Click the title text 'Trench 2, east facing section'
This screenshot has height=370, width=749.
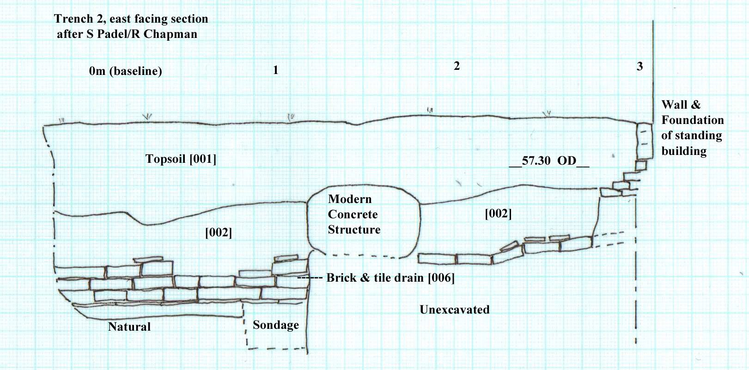click(x=131, y=19)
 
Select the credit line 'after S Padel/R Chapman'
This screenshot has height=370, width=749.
click(x=127, y=34)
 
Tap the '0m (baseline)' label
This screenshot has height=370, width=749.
click(x=125, y=71)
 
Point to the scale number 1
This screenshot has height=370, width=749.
click(x=275, y=70)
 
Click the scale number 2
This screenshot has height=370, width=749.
click(x=457, y=66)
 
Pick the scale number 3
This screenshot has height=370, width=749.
click(x=639, y=67)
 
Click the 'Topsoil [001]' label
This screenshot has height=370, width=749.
click(x=181, y=159)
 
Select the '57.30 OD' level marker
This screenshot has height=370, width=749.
click(x=549, y=161)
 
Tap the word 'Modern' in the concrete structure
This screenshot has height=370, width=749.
click(x=350, y=199)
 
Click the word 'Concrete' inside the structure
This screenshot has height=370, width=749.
click(x=353, y=215)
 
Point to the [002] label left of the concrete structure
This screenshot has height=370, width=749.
click(x=219, y=232)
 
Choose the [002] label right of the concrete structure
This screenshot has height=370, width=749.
click(x=498, y=214)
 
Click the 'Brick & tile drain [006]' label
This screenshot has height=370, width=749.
click(x=390, y=278)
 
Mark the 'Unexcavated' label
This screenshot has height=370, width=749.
click(x=454, y=310)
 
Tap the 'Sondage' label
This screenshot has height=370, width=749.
click(x=276, y=325)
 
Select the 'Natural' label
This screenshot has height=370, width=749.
click(x=129, y=327)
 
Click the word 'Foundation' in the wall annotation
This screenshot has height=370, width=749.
click(x=692, y=120)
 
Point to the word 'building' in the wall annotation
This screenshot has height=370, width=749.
click(x=684, y=151)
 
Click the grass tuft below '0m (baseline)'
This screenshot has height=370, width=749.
click(x=147, y=117)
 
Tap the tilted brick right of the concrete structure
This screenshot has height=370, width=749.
click(x=509, y=246)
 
